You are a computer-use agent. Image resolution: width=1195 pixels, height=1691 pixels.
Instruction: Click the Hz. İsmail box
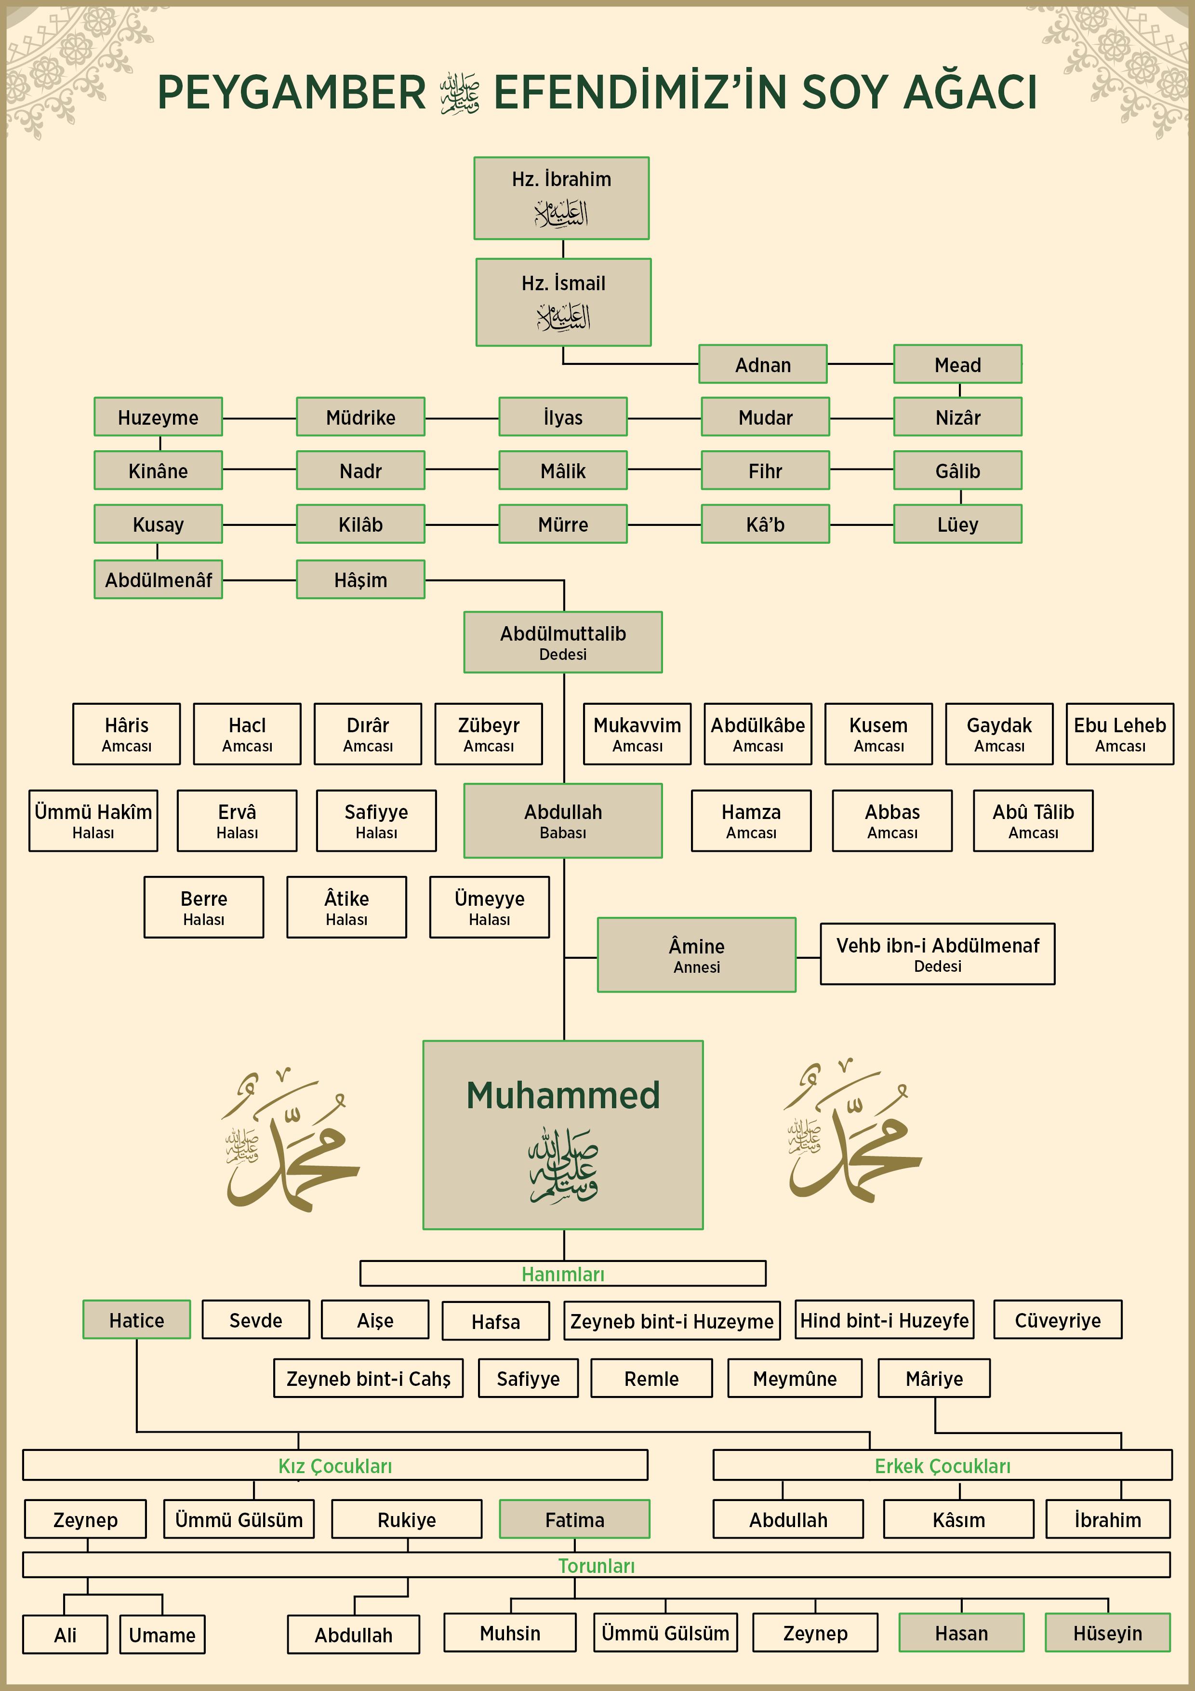563,302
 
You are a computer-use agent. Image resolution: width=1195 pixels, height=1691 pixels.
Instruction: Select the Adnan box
763,364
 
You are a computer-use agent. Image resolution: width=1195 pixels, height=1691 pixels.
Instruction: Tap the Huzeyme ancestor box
159,417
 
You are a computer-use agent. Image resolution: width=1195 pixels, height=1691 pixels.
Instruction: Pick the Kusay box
159,523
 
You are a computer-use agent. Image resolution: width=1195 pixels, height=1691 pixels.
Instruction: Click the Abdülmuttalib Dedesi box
563,642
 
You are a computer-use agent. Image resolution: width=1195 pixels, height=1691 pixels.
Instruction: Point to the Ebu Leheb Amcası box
1120,734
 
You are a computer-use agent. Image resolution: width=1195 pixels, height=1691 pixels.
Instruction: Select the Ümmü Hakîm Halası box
93,820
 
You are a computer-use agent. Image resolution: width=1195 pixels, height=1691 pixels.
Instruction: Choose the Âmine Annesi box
697,954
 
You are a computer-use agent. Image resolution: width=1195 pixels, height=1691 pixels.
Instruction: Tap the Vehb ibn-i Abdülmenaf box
937,954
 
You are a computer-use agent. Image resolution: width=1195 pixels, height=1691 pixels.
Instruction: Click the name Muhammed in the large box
563,1095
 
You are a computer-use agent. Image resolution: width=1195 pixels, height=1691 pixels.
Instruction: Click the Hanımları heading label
563,1274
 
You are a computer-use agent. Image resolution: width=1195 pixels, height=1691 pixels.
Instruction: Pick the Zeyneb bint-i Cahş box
368,1378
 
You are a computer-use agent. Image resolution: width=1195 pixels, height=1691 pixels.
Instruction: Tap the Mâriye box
934,1378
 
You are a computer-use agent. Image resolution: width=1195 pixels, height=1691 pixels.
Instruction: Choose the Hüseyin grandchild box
1107,1633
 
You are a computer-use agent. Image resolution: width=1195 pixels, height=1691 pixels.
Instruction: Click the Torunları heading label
597,1566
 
